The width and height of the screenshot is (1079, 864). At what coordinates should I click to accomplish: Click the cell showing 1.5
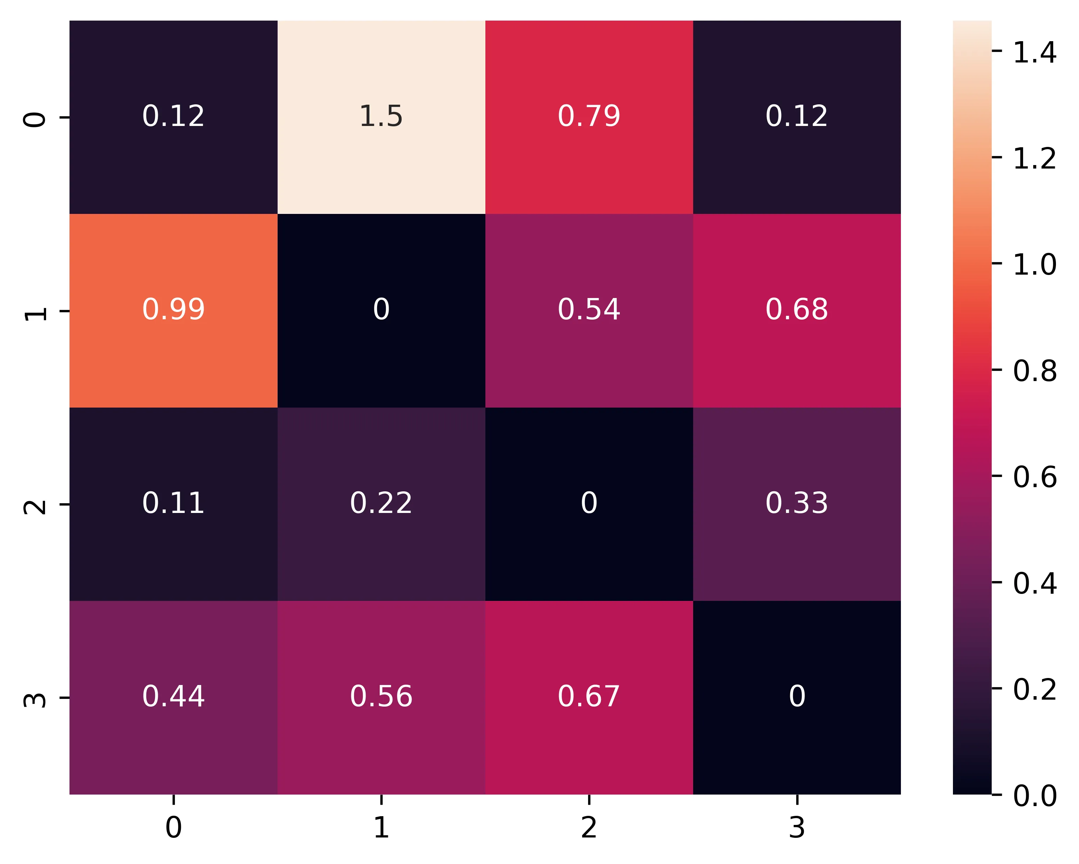[x=381, y=117]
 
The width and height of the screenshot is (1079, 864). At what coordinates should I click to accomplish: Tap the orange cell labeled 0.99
[x=173, y=310]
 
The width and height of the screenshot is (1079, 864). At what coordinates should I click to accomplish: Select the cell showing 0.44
[x=173, y=697]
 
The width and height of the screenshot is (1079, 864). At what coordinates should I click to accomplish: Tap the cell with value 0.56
[x=381, y=697]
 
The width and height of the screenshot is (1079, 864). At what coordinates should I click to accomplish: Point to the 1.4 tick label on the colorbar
[x=1034, y=52]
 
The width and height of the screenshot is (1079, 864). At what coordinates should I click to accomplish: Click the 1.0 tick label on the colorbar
[x=1034, y=264]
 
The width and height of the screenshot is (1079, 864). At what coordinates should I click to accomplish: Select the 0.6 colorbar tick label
[x=1034, y=477]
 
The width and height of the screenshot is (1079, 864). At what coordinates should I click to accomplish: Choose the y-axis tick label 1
[x=35, y=311]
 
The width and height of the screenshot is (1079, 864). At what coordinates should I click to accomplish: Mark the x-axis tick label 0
[x=173, y=827]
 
